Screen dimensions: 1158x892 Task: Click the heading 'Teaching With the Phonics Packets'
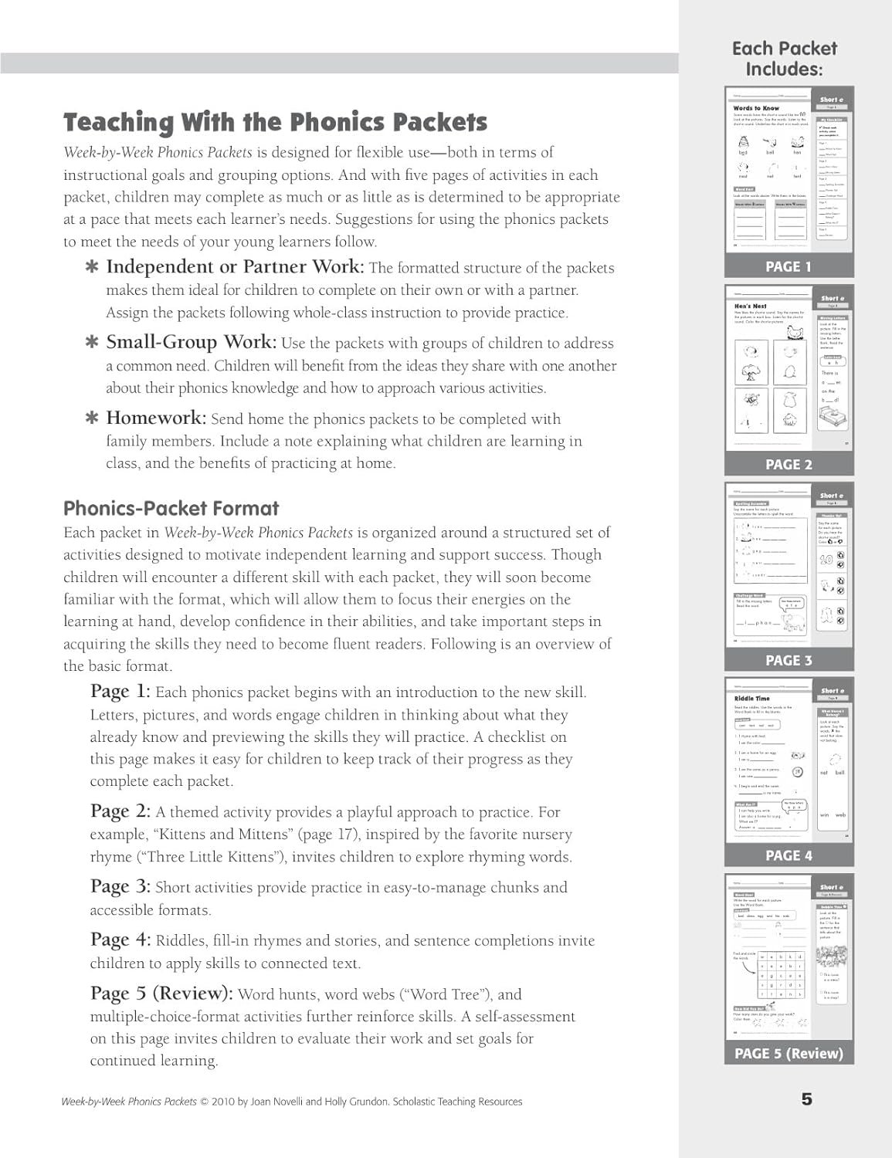coord(275,122)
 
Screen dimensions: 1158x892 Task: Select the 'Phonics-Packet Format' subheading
coord(171,509)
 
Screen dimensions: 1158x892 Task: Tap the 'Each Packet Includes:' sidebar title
coord(784,59)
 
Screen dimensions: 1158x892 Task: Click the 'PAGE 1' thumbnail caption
coord(789,266)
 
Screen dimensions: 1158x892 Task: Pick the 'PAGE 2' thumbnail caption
coord(789,464)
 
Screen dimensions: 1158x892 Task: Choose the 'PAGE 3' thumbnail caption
coord(789,660)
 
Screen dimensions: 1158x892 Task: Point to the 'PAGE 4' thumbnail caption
coord(789,855)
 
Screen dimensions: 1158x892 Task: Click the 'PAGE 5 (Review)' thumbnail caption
coord(789,1053)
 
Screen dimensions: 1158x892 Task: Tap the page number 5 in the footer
coord(807,1099)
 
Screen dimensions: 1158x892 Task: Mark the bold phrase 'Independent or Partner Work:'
coord(235,266)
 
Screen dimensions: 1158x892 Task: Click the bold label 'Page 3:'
coord(120,887)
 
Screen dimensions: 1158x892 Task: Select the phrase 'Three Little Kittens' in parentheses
coord(215,857)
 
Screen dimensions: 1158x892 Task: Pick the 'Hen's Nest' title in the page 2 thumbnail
coord(750,306)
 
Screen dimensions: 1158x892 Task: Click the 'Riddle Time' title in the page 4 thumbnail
coord(752,697)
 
